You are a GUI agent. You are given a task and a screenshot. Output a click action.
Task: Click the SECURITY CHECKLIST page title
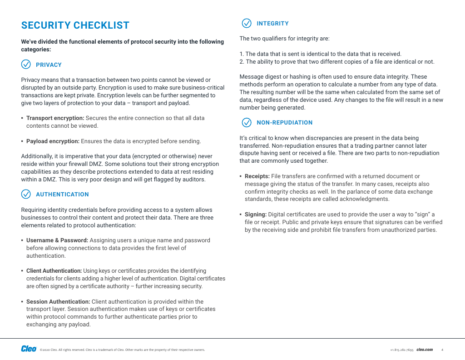coord(75,25)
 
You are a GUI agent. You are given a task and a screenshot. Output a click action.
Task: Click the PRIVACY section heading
coord(49,65)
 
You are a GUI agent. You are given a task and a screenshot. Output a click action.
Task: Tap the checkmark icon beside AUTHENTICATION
coord(26,194)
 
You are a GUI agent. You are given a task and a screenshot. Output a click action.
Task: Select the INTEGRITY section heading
coord(272,24)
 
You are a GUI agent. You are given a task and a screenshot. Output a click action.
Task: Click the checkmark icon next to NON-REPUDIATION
coord(247,122)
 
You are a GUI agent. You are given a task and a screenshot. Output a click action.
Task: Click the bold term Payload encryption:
coord(53,141)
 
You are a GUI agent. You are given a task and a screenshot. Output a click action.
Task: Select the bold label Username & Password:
coord(57,240)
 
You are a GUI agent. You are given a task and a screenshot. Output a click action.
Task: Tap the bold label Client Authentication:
coord(54,271)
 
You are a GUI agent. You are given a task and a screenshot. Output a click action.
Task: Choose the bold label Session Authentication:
coord(58,302)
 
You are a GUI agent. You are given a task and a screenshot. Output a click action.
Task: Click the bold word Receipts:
coord(257,176)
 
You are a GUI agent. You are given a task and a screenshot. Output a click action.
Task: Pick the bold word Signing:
coord(256,215)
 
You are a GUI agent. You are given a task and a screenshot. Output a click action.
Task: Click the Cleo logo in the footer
coord(29,349)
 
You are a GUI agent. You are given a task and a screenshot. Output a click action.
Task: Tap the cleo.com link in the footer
coord(425,350)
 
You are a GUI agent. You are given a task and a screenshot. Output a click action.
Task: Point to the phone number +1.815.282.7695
coord(401,350)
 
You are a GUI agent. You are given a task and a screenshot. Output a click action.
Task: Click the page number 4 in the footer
coord(442,350)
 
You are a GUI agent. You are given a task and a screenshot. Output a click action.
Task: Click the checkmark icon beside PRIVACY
coord(26,65)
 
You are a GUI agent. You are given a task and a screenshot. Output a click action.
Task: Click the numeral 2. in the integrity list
coord(242,62)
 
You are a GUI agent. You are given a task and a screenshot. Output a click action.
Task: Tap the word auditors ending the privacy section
coord(195,180)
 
